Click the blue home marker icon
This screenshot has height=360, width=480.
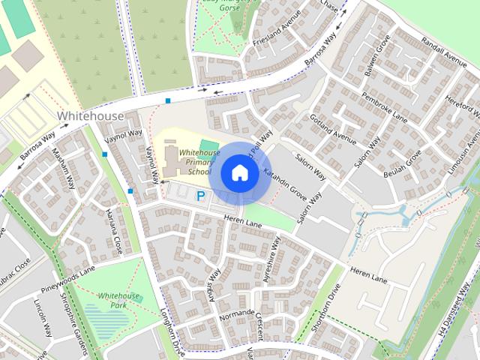tap(239, 172)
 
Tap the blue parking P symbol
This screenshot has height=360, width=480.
tap(200, 196)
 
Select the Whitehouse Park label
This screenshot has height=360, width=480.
tap(115, 301)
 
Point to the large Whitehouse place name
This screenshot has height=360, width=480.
tap(90, 116)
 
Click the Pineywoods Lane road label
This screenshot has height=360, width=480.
tap(68, 273)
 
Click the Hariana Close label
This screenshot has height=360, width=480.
tap(114, 229)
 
